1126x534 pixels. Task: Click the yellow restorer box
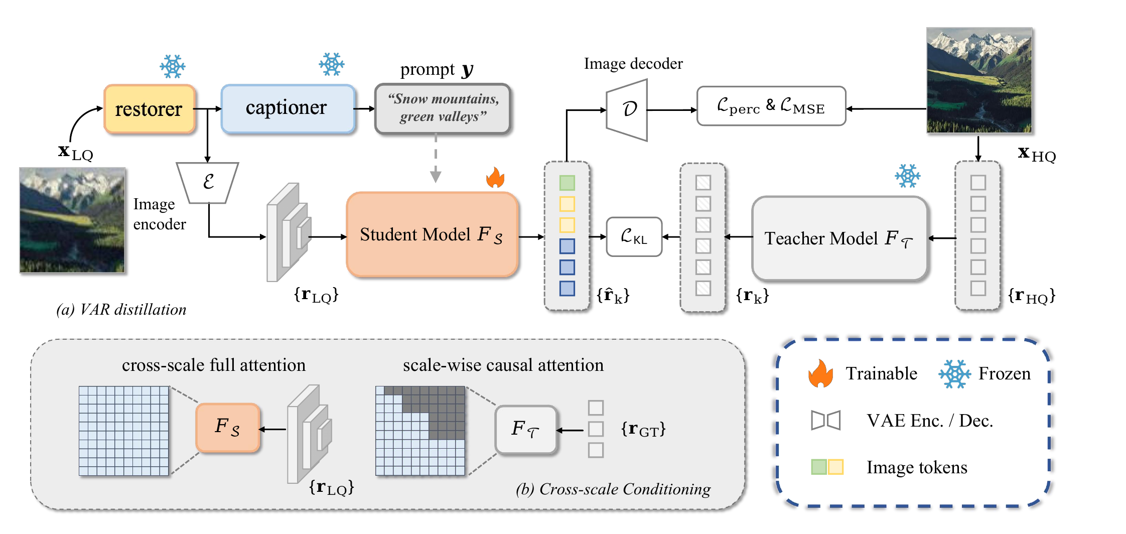point(149,109)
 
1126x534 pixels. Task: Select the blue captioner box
point(288,108)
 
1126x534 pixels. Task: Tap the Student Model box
point(432,234)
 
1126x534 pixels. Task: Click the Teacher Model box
point(839,238)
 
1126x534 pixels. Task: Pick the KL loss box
point(634,237)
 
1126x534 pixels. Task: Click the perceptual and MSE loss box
point(771,106)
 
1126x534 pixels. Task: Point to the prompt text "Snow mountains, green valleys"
point(443,108)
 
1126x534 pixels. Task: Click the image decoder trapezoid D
point(628,109)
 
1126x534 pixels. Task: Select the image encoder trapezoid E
point(208,182)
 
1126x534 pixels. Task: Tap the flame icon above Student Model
point(495,177)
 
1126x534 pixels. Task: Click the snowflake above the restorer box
point(172,66)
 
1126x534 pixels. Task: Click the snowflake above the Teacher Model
point(907,176)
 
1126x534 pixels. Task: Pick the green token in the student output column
point(567,183)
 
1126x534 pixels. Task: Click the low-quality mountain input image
point(72,220)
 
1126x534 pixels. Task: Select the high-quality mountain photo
point(978,80)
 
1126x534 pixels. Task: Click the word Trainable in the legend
point(881,373)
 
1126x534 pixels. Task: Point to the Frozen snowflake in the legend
point(954,374)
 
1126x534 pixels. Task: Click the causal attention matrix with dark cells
point(420,431)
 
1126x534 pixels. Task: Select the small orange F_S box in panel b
point(228,428)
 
